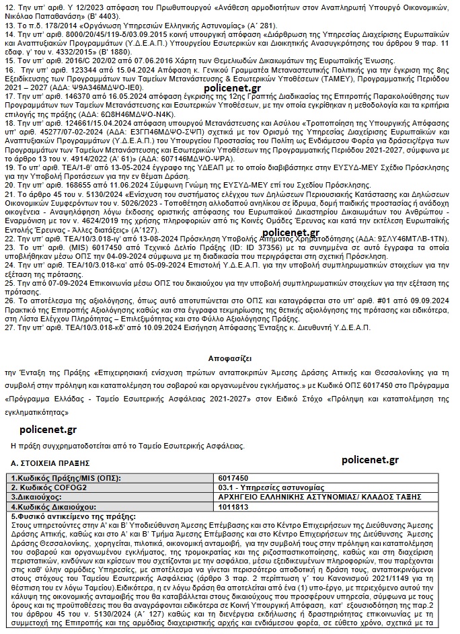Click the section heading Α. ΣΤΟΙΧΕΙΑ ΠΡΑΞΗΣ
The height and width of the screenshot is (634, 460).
coord(50,463)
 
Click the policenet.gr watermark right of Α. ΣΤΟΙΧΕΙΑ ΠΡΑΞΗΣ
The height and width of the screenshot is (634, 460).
coord(370,460)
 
